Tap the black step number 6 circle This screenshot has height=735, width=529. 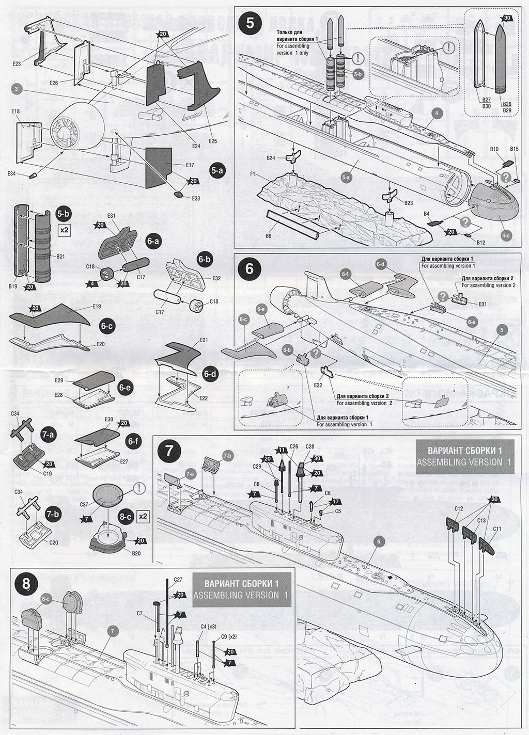click(x=251, y=270)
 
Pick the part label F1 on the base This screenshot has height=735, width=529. click(x=253, y=174)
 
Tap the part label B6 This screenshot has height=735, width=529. click(x=268, y=235)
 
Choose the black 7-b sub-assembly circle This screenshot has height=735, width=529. click(x=51, y=514)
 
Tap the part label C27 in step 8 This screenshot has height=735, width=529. click(x=178, y=580)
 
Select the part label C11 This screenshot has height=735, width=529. click(x=497, y=529)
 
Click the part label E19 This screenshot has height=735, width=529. click(x=97, y=307)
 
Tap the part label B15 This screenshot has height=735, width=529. click(x=514, y=149)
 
